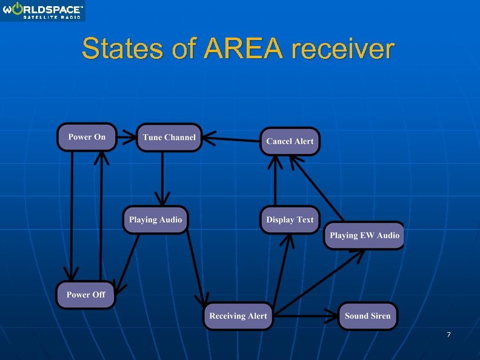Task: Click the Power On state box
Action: pos(87,137)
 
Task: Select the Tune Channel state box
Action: pos(169,138)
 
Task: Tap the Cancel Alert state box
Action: pos(290,141)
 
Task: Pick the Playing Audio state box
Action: pos(155,219)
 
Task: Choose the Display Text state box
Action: pos(290,219)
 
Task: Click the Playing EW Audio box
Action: pos(364,235)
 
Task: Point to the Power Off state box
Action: pos(85,295)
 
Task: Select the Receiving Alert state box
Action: pos(238,316)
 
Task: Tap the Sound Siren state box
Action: pos(367,316)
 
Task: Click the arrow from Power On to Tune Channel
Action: pos(127,137)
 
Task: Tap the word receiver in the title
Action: pos(342,49)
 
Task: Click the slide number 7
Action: pos(448,335)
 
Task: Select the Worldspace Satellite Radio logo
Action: pos(42,11)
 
